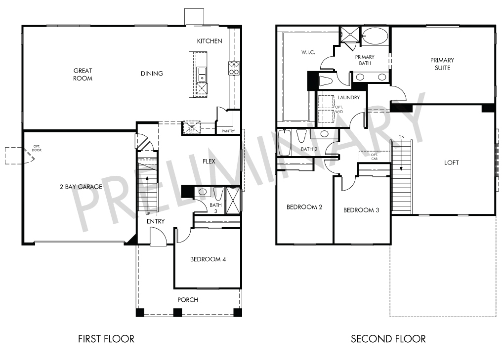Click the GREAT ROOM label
(83, 74)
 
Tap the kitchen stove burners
(234, 68)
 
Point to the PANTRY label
(228, 131)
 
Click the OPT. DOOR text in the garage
(37, 148)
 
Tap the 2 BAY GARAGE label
(81, 187)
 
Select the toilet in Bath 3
(218, 194)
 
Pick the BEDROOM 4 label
(208, 259)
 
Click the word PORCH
(188, 300)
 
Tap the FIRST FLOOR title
(106, 339)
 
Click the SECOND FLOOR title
(388, 339)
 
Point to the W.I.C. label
(308, 52)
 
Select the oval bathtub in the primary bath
(375, 36)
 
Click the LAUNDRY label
(349, 97)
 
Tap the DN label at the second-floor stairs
(401, 137)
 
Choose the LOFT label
(451, 162)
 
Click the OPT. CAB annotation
(375, 157)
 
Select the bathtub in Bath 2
(284, 142)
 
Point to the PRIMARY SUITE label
(442, 64)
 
